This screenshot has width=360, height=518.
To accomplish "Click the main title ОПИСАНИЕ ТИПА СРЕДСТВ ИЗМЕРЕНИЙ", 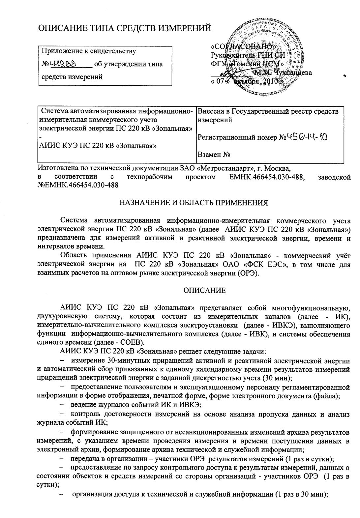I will [x=125, y=29].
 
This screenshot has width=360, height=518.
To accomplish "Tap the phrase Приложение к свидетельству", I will [x=88, y=51].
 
